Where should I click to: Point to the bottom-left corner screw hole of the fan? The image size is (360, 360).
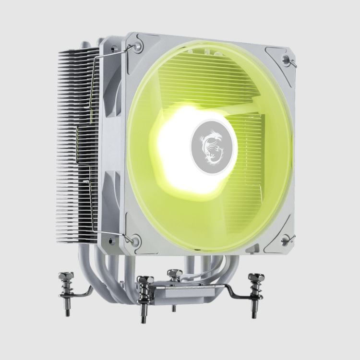(136, 239)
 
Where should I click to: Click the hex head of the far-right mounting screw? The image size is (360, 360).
(256, 278)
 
